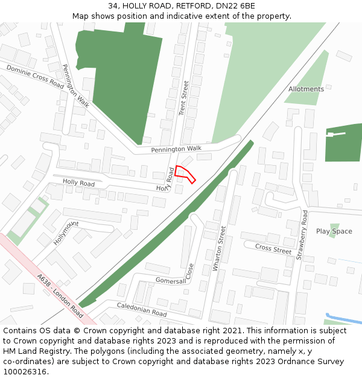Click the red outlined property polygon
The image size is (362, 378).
point(185,174)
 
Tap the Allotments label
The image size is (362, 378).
point(306,90)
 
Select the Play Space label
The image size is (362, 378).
point(334,232)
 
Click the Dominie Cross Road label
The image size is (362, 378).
point(35,77)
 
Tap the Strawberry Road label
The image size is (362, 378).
point(302,235)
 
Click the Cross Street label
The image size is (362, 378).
point(273,249)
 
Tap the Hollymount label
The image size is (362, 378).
point(66,232)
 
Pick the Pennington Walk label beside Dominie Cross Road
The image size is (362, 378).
point(75,86)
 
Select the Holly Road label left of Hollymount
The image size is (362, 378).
point(78,183)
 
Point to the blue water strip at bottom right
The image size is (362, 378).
point(344,318)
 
